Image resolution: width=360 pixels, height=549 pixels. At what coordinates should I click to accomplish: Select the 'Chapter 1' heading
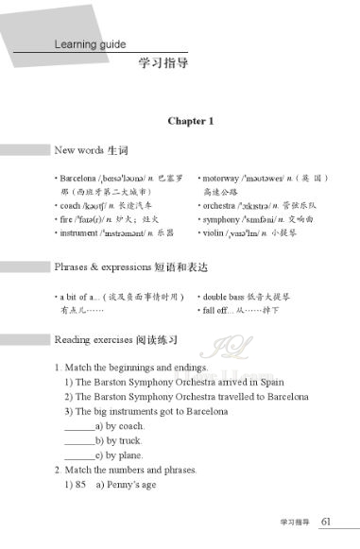click(191, 121)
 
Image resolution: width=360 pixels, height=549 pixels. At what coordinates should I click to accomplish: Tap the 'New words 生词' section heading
click(91, 150)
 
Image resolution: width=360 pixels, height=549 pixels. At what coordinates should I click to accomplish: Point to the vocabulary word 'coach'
click(69, 205)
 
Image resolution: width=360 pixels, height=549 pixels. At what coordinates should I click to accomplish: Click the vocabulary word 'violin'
click(213, 232)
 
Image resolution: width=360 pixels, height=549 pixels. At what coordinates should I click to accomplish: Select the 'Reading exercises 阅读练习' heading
click(114, 338)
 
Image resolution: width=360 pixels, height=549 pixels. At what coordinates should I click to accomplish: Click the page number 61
click(326, 521)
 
